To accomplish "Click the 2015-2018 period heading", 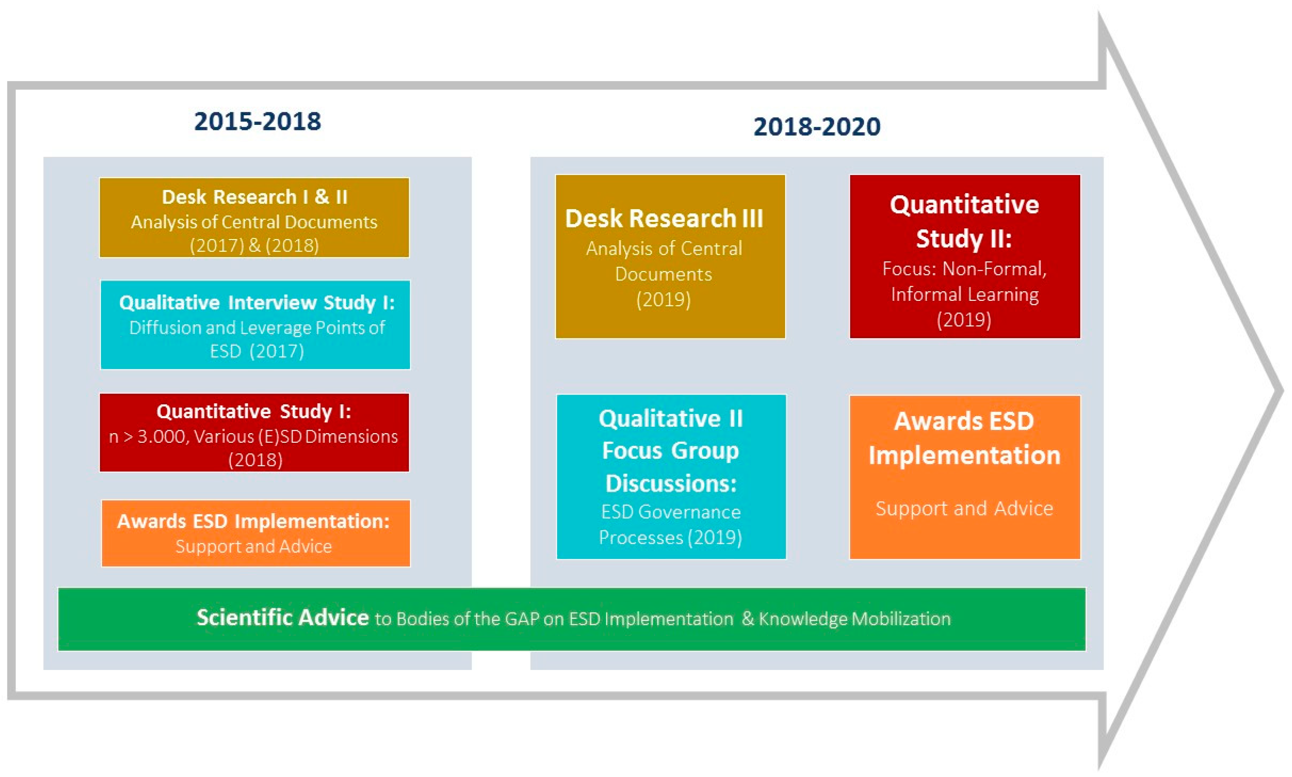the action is point(257,122).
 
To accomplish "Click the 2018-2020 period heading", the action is point(817,127).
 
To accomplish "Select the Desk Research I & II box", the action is point(254,217).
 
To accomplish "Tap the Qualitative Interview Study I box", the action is point(255,325).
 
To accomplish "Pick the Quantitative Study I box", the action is point(254,432).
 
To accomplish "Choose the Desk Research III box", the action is point(670,256).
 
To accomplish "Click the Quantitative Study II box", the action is point(964,256).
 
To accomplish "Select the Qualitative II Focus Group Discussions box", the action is point(671,477).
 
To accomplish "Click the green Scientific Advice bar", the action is point(572,619).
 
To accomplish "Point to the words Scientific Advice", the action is point(282,617).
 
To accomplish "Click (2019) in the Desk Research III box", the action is point(663,299).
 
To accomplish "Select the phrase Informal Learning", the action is point(964,294).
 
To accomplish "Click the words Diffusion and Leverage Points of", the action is point(257,328).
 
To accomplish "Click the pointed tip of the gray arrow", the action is point(1283,390).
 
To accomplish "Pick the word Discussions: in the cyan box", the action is point(671,483).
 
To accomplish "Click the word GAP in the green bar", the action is point(522,619).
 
